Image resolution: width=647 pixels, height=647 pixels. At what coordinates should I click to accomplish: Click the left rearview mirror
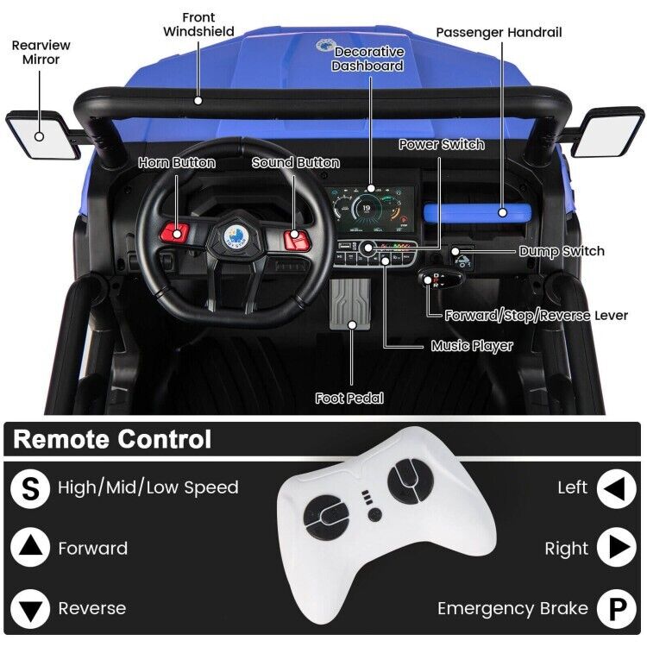[39, 136]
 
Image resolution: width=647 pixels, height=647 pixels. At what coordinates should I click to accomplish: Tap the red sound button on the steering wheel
[296, 234]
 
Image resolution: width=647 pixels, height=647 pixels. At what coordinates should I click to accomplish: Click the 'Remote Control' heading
[112, 439]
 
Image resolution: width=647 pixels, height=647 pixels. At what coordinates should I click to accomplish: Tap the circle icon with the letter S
[30, 487]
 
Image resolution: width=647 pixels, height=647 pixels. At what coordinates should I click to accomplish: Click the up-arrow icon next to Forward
[30, 549]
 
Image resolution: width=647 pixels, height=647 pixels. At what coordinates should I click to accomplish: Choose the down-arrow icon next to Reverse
[30, 609]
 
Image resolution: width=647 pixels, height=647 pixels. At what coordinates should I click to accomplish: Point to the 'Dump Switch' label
[562, 251]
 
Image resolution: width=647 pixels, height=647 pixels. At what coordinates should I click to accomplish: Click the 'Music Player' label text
[472, 346]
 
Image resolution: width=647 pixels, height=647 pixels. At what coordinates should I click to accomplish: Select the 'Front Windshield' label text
[198, 25]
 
